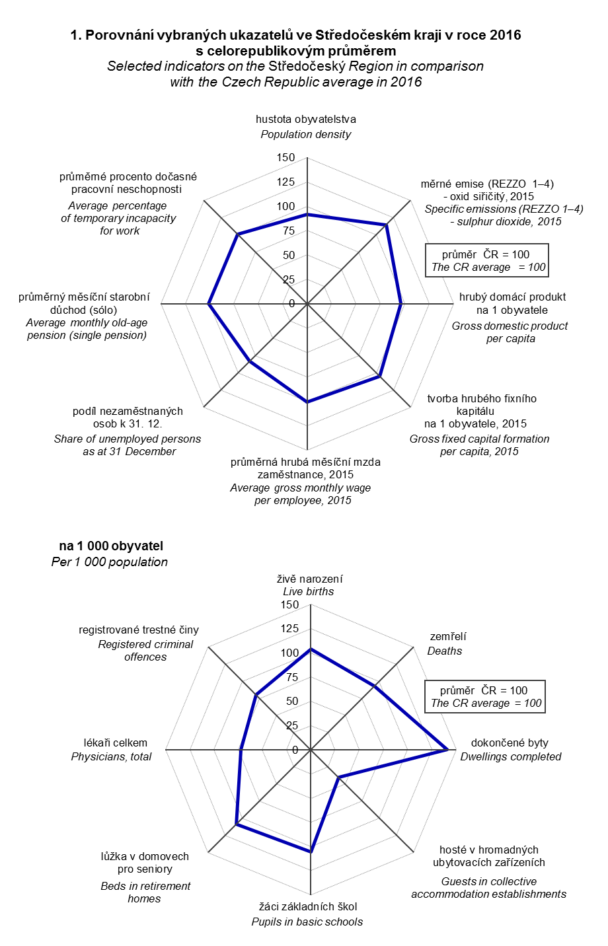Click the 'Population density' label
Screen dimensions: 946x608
tap(305, 134)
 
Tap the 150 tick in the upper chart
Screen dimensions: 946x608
tap(286, 158)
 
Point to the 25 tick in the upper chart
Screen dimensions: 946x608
tap(289, 279)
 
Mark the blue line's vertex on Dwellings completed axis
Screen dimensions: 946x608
tap(448, 749)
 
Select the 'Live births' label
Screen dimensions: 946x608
tap(309, 591)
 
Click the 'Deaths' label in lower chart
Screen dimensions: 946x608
tap(445, 651)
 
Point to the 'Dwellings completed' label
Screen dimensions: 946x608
tap(510, 756)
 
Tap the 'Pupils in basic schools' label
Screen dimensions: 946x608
tap(307, 922)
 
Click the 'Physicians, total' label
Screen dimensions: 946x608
tap(111, 756)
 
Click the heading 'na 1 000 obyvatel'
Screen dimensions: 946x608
tap(111, 546)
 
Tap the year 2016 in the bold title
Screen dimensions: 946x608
tap(505, 35)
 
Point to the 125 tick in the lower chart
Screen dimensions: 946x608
tap(289, 628)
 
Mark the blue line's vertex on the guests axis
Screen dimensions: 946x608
tap(338, 778)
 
